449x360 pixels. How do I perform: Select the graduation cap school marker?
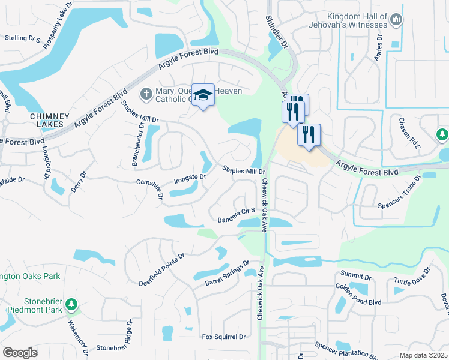coord(203,95)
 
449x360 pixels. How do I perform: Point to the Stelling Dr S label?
coord(22,38)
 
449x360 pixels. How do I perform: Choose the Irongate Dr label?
coord(190,178)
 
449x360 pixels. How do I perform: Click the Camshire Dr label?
coord(150,187)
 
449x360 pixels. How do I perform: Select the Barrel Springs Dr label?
coord(227,272)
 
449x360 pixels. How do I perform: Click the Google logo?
coord(20,352)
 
